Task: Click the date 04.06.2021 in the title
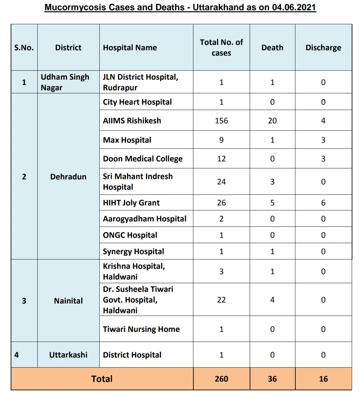coord(294,7)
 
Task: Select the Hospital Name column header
coord(130,48)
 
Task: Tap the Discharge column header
coord(323,48)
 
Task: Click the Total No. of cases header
coord(221,47)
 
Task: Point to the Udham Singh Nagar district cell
coord(65,82)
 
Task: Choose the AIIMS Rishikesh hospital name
coord(132,120)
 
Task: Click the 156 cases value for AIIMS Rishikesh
coord(221,120)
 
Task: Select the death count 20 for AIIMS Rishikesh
coord(272,120)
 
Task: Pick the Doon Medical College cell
coord(143,158)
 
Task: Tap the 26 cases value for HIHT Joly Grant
coord(221,203)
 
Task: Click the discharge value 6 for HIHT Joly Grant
coord(323,203)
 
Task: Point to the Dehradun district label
coord(68,176)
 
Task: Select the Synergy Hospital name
coord(133,251)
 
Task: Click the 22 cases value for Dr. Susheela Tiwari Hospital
coord(221,300)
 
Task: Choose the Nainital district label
coord(68,301)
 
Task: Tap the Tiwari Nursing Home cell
coord(141,329)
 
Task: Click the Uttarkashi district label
coord(68,355)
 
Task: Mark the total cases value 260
coord(221,379)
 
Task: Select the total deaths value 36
coord(272,379)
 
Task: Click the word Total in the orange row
coord(102,379)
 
